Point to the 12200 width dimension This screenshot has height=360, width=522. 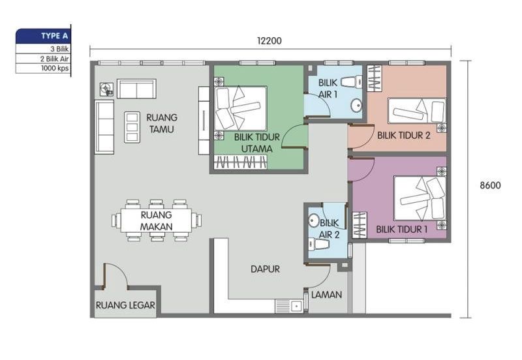(x=269, y=40)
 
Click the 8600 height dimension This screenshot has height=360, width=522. (x=490, y=185)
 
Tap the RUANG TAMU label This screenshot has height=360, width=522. (x=162, y=123)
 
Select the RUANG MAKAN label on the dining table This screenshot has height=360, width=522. (x=156, y=220)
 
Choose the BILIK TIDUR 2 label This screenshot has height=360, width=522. (x=403, y=136)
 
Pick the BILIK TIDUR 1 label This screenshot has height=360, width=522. (x=402, y=230)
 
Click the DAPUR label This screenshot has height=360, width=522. (x=266, y=269)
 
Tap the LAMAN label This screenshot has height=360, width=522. (x=326, y=294)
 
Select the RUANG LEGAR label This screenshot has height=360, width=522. (x=125, y=304)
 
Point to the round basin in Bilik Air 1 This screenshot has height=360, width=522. (x=356, y=104)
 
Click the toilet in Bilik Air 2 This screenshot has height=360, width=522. (x=320, y=245)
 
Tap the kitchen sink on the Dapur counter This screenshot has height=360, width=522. (x=287, y=304)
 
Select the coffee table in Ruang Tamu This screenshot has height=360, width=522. (x=132, y=127)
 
